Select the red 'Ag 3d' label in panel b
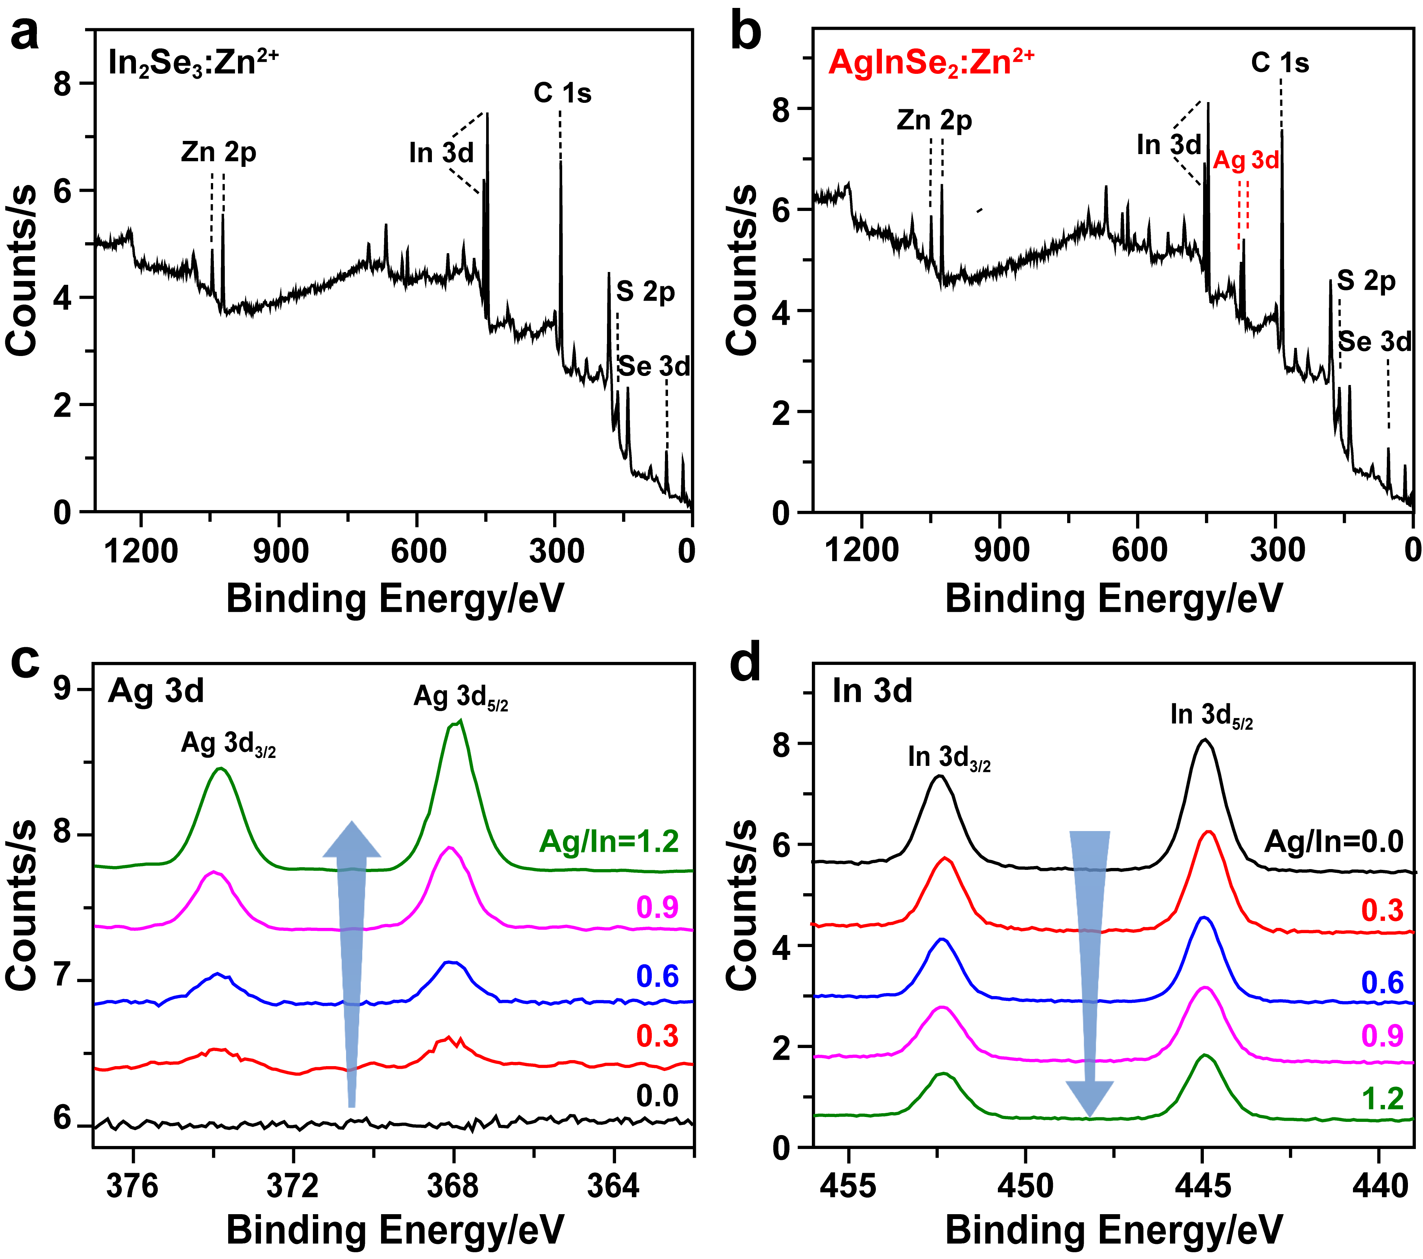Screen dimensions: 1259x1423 [1246, 161]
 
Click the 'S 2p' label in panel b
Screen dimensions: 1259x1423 [1366, 281]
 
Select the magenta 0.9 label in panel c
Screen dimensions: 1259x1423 [657, 908]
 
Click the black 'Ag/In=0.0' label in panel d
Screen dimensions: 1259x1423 [1334, 842]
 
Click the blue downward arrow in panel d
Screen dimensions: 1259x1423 [1090, 968]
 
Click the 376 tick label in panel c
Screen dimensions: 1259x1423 [133, 1185]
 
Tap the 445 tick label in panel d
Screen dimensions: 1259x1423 [1202, 1185]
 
